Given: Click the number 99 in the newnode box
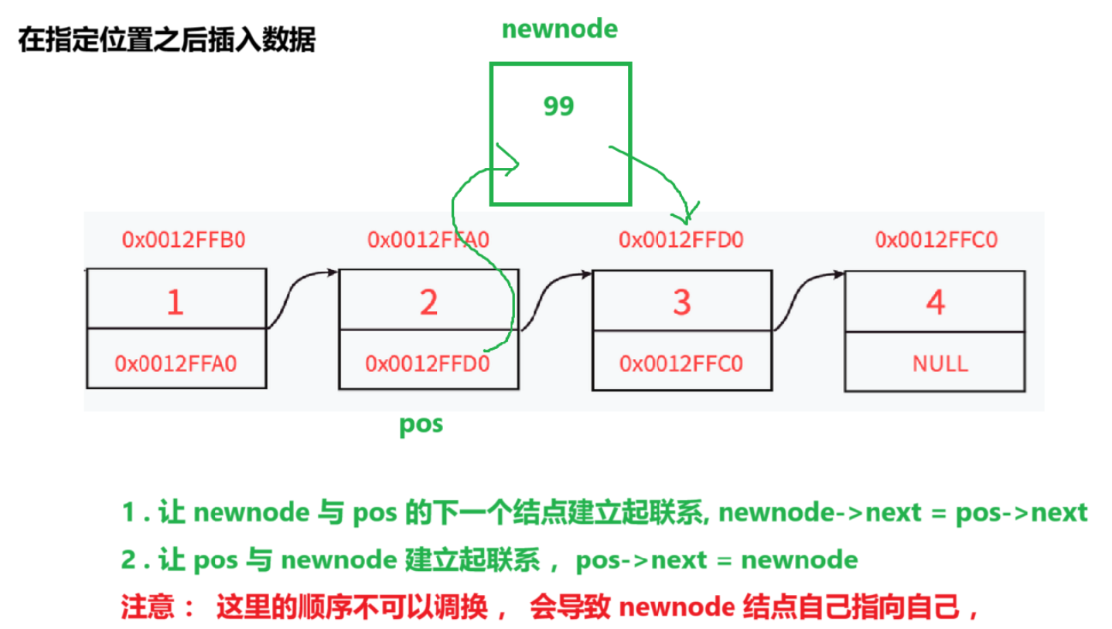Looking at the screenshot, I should [x=558, y=106].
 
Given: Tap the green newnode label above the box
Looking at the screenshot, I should [x=559, y=29].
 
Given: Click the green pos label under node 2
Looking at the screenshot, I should [x=421, y=424].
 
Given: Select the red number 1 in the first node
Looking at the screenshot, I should [x=176, y=303].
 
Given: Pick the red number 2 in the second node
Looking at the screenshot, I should [x=428, y=303].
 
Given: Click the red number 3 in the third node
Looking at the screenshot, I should [x=681, y=303].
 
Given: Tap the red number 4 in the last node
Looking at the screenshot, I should [x=935, y=303].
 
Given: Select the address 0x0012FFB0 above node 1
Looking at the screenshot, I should [x=183, y=240].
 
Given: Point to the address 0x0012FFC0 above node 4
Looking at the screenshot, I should [x=936, y=240].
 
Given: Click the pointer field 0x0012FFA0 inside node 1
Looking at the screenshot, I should [x=176, y=363].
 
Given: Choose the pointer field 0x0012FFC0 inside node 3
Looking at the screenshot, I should [x=681, y=363].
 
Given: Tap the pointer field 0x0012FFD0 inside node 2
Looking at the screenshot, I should [x=427, y=363].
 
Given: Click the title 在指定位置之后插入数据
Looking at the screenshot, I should [x=166, y=40].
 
